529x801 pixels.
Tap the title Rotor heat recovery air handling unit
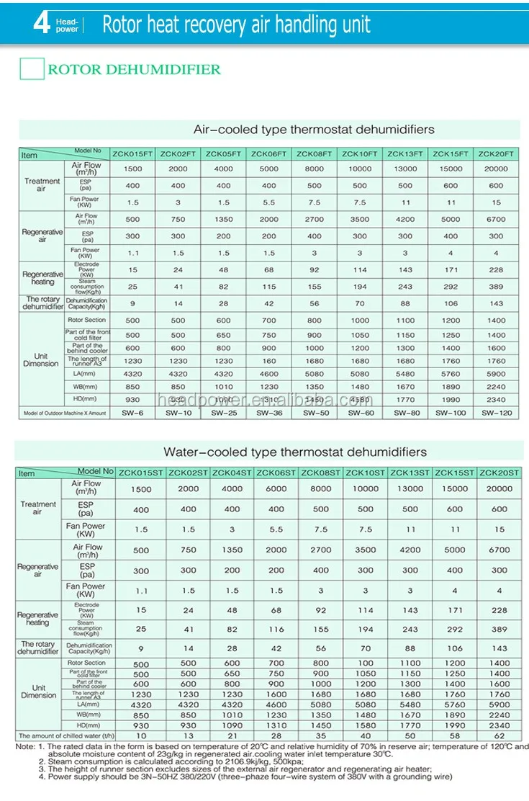pyautogui.click(x=236, y=24)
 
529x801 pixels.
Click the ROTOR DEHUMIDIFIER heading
pyautogui.click(x=134, y=70)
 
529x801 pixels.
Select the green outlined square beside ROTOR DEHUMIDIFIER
pyautogui.click(x=31, y=69)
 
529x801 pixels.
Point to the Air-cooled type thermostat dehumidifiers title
pyautogui.click(x=314, y=130)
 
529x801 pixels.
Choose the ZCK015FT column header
pyautogui.click(x=133, y=154)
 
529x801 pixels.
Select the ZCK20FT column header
pyautogui.click(x=496, y=154)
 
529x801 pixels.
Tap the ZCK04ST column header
pyautogui.click(x=232, y=473)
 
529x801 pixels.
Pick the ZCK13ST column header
pyautogui.click(x=410, y=473)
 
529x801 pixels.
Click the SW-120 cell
pyautogui.click(x=496, y=413)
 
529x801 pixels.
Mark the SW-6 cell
pyautogui.click(x=133, y=413)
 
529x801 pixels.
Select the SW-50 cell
pyautogui.click(x=315, y=413)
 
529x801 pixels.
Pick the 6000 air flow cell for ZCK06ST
pyautogui.click(x=277, y=488)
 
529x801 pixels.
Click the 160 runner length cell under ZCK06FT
pyautogui.click(x=269, y=361)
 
